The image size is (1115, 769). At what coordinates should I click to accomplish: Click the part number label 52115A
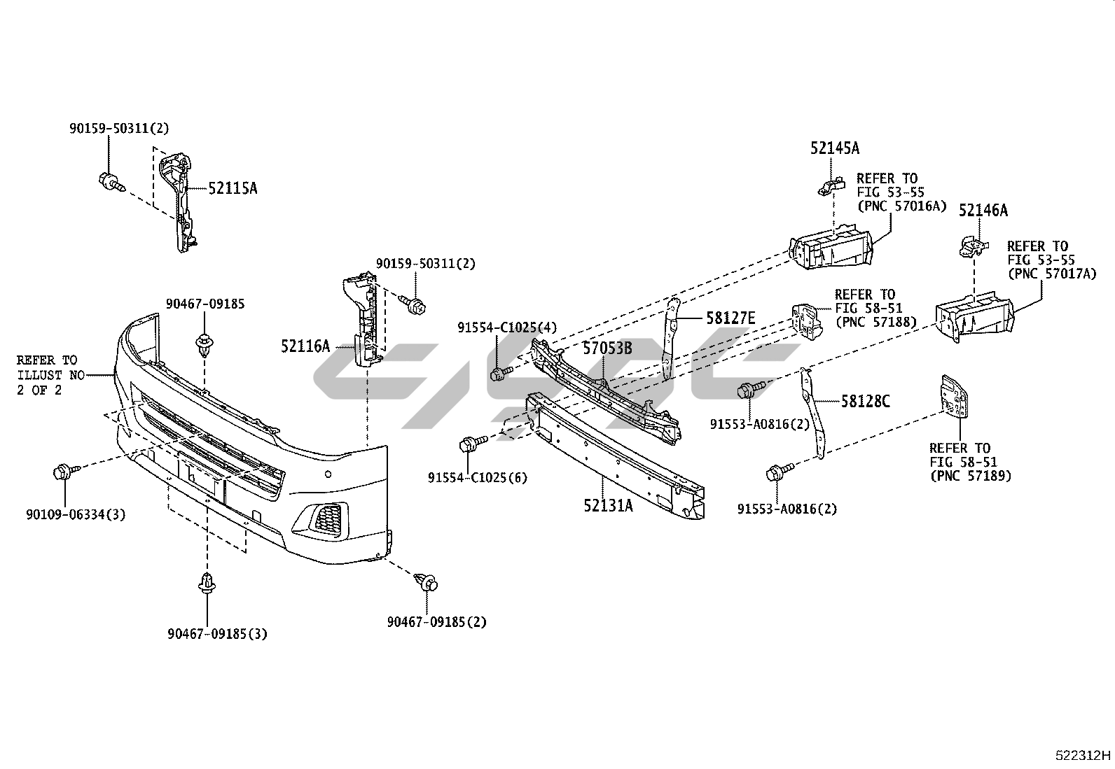click(x=233, y=188)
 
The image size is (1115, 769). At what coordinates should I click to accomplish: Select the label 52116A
click(x=305, y=346)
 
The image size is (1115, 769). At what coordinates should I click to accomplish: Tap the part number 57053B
click(x=608, y=348)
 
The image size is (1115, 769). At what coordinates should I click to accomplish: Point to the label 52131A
click(x=608, y=505)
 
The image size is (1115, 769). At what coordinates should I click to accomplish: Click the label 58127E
click(x=730, y=319)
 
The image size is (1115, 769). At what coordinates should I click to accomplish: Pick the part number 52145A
click(x=835, y=148)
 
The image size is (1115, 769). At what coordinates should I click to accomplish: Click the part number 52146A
click(x=983, y=211)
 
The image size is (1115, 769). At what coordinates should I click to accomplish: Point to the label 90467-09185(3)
click(x=217, y=635)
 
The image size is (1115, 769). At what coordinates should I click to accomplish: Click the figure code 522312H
click(x=1083, y=756)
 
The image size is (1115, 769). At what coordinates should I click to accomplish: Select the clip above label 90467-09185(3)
click(x=207, y=582)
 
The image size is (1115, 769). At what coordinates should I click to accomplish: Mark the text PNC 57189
click(x=971, y=476)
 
